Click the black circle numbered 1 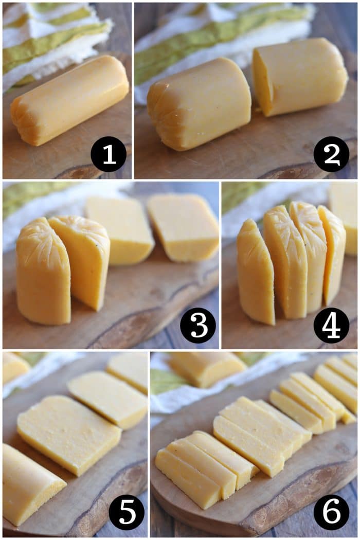click(109, 154)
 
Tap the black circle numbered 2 click(331, 154)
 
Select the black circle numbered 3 click(197, 325)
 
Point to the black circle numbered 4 click(331, 325)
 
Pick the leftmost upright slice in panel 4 click(256, 273)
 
